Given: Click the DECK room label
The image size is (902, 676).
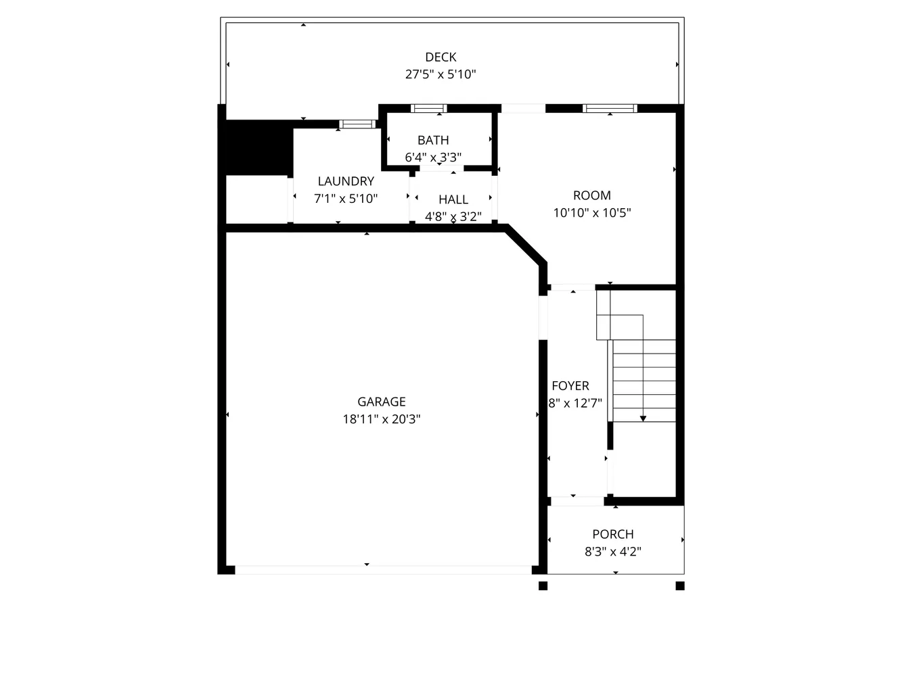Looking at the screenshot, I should click(x=441, y=57).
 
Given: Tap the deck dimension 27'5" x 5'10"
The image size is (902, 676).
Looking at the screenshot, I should click(x=441, y=74).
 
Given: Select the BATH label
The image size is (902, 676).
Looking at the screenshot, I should click(x=433, y=141).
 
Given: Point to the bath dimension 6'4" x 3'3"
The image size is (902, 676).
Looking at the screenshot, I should click(x=433, y=158).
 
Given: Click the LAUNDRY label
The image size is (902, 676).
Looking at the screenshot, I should click(x=346, y=181).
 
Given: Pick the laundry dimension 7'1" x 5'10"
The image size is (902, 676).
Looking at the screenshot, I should click(x=346, y=199).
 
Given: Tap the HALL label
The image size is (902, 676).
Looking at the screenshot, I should click(x=453, y=199).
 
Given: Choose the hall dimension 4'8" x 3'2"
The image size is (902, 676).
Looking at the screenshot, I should click(x=453, y=216).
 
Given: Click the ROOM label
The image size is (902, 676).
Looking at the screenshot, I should click(x=592, y=195).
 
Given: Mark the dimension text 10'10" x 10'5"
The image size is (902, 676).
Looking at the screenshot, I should click(x=592, y=213).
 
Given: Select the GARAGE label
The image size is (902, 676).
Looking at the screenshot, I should click(x=382, y=402).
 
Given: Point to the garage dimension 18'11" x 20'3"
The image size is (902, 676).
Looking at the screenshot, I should click(x=382, y=419).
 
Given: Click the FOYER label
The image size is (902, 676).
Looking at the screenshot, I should click(x=570, y=386).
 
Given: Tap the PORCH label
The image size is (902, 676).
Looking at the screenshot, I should click(x=613, y=534).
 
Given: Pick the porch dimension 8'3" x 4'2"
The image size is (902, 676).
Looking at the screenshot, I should click(x=613, y=552).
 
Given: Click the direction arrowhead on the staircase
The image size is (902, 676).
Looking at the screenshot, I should click(x=643, y=419).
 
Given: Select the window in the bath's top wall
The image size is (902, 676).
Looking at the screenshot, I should click(x=429, y=108).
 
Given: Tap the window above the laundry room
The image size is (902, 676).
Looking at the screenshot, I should click(x=357, y=124).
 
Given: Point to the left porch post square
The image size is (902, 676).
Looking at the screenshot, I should click(x=543, y=586).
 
